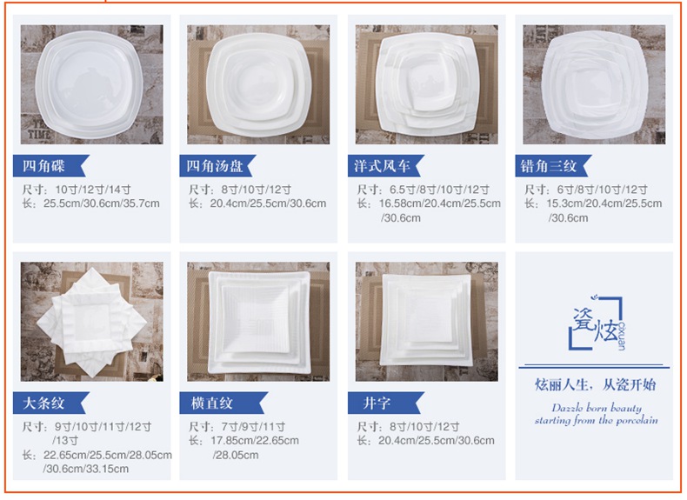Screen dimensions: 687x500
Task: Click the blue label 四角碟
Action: pyautogui.click(x=50, y=165)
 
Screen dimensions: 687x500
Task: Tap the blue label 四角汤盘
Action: pyautogui.click(x=217, y=165)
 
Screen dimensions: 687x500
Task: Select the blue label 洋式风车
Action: pyautogui.click(x=385, y=165)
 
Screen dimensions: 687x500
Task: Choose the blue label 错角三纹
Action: pyautogui.click(x=553, y=165)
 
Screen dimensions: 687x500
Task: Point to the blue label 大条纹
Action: pyautogui.click(x=50, y=403)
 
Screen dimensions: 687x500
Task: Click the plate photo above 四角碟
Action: pyautogui.click(x=91, y=84)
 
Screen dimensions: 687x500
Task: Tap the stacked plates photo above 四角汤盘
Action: pyautogui.click(x=258, y=84)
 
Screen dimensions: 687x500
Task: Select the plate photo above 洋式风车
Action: pyautogui.click(x=427, y=84)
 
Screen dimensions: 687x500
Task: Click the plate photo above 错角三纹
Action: pyautogui.click(x=594, y=84)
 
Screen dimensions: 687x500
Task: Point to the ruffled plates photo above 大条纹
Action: pyautogui.click(x=91, y=322)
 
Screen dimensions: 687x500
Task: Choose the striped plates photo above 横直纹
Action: pyautogui.click(x=258, y=322)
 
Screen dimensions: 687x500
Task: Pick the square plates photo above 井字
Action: pyautogui.click(x=427, y=322)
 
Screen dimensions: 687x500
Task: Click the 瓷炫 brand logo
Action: pyautogui.click(x=597, y=323)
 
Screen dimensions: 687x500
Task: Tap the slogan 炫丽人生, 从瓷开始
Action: pyautogui.click(x=596, y=384)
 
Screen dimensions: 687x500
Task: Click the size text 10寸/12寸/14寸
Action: pyautogui.click(x=93, y=190)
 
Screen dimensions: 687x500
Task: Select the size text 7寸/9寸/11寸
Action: pyautogui.click(x=253, y=426)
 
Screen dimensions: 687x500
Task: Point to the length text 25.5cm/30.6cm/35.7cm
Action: pyautogui.click(x=101, y=203)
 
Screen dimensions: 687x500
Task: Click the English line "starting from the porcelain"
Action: pyautogui.click(x=597, y=420)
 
